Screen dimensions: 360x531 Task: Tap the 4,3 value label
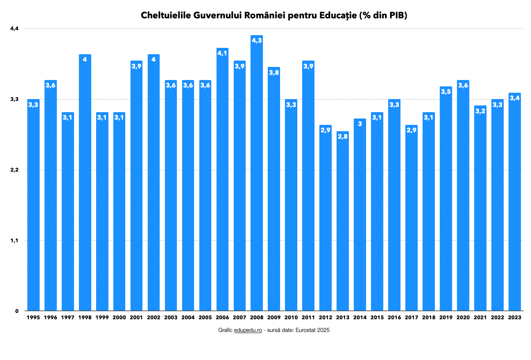click(257, 40)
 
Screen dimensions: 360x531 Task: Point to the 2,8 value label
click(343, 136)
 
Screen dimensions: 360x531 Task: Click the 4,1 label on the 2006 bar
click(222, 53)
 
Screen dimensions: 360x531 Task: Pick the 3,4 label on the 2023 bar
click(515, 98)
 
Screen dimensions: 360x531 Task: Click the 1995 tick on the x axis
click(33, 317)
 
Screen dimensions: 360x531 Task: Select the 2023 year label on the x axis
click(515, 317)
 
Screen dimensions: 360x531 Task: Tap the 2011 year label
click(308, 317)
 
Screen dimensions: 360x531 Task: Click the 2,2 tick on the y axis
click(14, 170)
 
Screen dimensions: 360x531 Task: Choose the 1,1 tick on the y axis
click(14, 240)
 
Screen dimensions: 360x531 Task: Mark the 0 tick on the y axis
click(16, 311)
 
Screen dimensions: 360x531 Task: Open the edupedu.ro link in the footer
click(248, 330)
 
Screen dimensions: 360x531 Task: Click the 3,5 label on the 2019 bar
click(446, 92)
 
